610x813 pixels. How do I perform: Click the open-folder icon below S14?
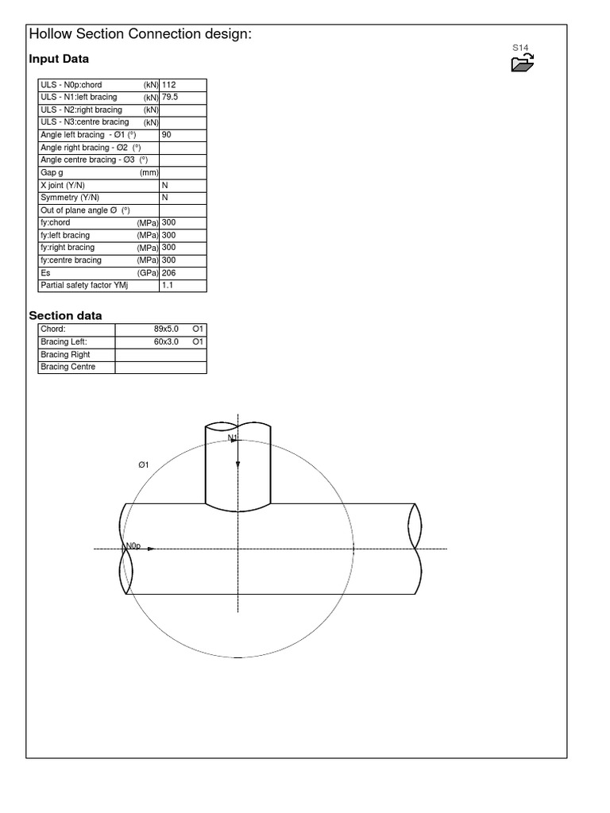point(522,64)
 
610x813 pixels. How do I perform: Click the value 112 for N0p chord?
point(168,85)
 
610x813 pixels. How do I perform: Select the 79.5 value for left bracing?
point(170,98)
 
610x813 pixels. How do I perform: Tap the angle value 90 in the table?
point(167,135)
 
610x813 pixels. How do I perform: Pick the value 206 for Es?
point(168,272)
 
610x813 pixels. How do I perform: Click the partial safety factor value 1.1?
point(167,285)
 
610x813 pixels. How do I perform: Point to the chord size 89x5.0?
point(167,329)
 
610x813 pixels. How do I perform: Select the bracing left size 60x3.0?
point(167,341)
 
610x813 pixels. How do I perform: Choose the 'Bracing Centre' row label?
point(68,367)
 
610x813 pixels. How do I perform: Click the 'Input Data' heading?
point(59,59)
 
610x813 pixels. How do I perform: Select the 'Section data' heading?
point(65,315)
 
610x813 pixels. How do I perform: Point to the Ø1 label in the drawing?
point(144,464)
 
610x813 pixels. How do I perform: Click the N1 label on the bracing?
point(233,437)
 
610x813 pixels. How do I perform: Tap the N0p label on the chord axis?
point(132,546)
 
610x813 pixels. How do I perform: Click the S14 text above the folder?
point(520,48)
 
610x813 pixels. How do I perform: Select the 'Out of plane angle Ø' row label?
point(85,210)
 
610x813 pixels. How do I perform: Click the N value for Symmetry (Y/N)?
point(165,198)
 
